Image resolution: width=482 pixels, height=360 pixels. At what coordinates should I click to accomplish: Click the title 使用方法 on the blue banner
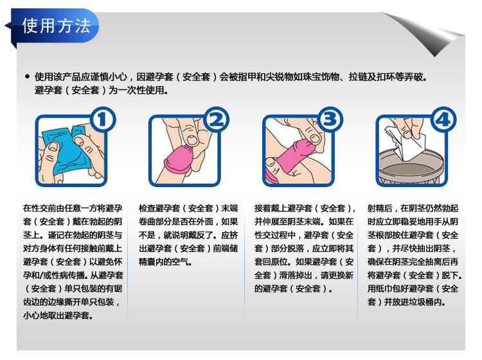click(x=57, y=26)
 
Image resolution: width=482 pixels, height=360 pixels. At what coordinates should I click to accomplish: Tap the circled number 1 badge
click(x=103, y=120)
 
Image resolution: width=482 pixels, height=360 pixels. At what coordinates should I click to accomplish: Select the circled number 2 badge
click(x=217, y=120)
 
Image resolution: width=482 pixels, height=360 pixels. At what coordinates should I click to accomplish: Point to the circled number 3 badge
click(x=330, y=120)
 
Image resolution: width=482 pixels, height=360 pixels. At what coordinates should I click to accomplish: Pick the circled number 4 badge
click(x=443, y=120)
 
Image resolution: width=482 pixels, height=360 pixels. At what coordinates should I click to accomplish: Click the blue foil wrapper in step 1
click(x=66, y=149)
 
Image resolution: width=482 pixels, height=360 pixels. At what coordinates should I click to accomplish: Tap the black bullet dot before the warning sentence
click(x=28, y=76)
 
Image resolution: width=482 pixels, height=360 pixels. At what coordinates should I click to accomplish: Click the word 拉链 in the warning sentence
click(x=358, y=77)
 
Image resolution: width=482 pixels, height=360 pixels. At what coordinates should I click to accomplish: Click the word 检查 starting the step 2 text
click(x=147, y=208)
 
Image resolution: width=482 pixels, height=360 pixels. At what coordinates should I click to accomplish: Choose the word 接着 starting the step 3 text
click(x=263, y=208)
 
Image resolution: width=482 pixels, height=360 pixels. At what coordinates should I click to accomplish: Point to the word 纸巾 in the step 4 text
click(x=384, y=289)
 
